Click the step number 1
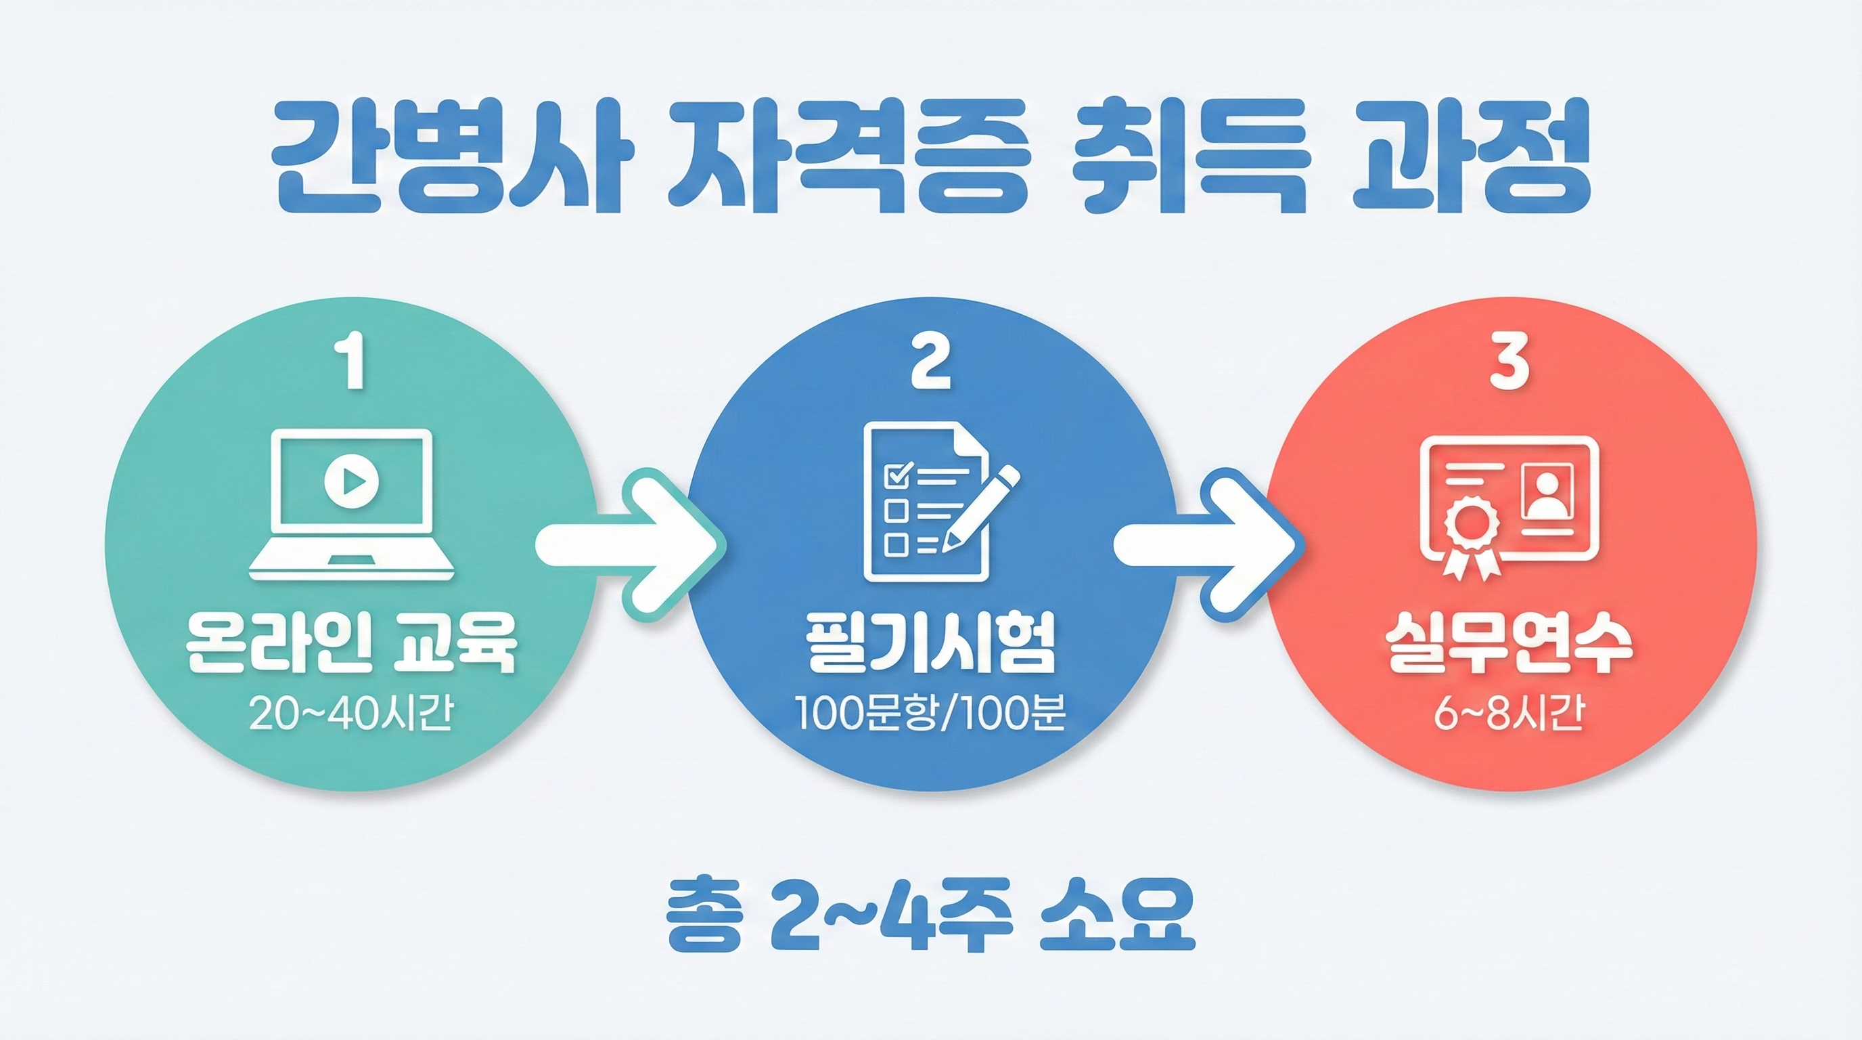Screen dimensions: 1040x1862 pos(352,365)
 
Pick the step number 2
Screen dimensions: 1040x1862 pos(930,365)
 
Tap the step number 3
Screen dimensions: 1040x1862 pos(1509,365)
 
